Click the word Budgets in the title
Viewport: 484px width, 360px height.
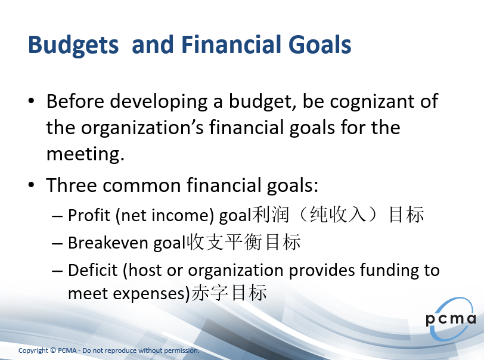click(x=73, y=45)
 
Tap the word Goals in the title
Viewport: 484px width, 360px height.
click(x=319, y=44)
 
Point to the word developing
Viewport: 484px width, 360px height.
click(x=159, y=102)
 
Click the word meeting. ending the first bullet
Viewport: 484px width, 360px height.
click(x=85, y=154)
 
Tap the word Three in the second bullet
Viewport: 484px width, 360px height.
click(x=72, y=185)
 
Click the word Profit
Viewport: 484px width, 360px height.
click(x=89, y=215)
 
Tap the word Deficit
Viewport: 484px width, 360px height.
click(x=92, y=270)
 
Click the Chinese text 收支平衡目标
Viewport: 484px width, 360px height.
click(x=244, y=242)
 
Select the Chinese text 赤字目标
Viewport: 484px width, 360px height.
click(x=229, y=293)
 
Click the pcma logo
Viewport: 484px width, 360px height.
click(x=451, y=319)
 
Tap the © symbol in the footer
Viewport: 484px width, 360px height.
click(x=53, y=350)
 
